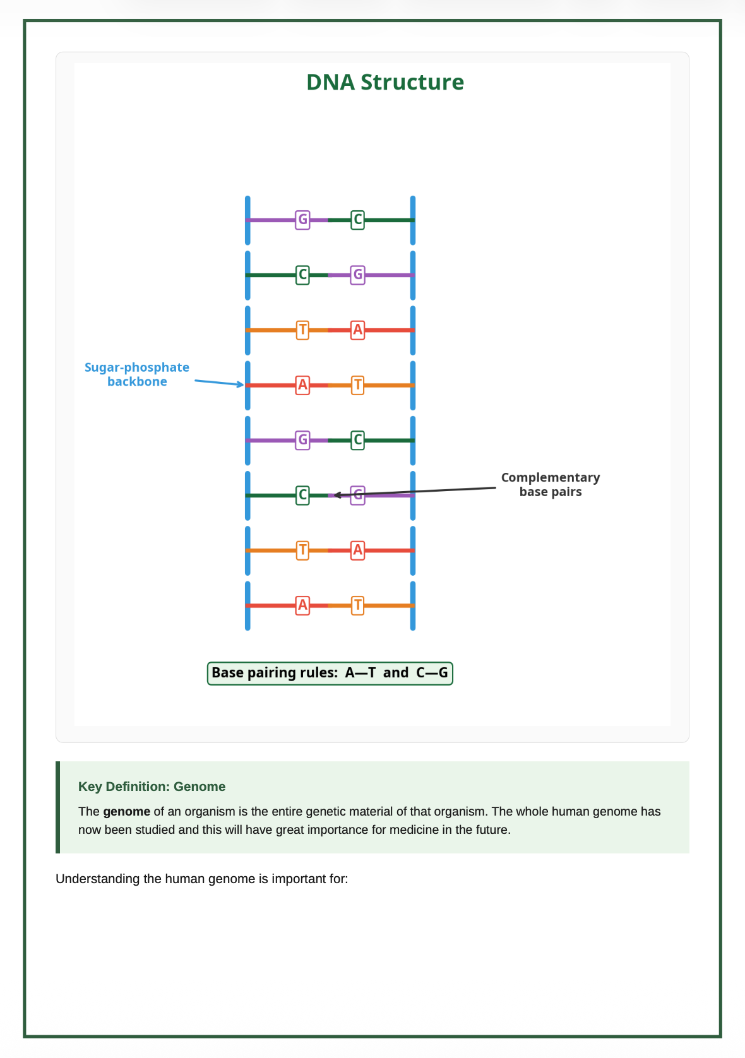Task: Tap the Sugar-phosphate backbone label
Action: point(137,374)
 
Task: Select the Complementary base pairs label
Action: point(551,484)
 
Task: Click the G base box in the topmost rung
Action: point(302,220)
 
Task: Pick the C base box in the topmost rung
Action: point(357,220)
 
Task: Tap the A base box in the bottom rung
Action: point(302,605)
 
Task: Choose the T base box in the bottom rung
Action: point(357,605)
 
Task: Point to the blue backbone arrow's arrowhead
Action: point(241,384)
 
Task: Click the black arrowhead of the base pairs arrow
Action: point(337,495)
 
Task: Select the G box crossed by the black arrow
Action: point(357,495)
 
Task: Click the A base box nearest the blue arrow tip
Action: point(302,384)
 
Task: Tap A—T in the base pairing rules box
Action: point(361,673)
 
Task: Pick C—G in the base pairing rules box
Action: point(432,673)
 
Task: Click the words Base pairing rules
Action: point(274,673)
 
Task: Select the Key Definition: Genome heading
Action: point(152,787)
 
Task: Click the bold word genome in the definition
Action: point(126,811)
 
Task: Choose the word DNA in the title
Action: point(330,83)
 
